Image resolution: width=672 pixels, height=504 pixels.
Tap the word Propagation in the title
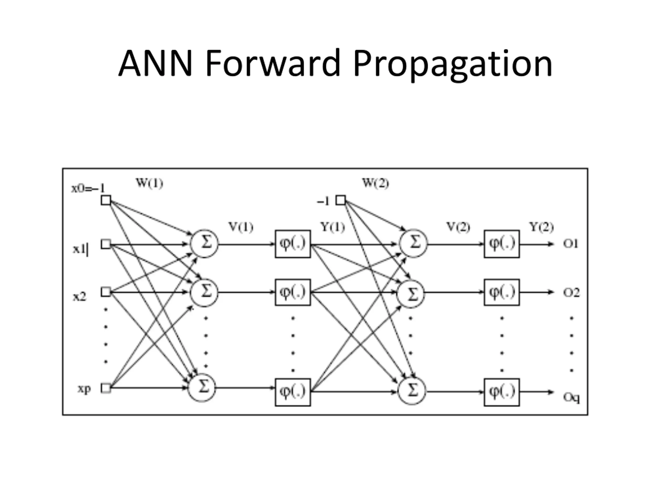tap(452, 65)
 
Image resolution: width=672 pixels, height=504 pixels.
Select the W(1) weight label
tap(149, 183)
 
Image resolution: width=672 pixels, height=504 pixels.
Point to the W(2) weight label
tap(375, 183)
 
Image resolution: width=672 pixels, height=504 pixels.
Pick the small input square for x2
tap(106, 292)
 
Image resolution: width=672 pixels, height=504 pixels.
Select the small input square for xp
tap(106, 388)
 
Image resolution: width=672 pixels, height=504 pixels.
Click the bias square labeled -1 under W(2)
tap(340, 201)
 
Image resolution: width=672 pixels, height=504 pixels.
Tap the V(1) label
tap(241, 227)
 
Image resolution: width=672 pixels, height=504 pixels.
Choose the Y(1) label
tap(333, 227)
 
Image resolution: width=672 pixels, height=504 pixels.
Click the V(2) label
tap(458, 227)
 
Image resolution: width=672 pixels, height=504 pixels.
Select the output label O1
tap(570, 244)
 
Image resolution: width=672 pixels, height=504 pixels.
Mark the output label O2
tap(571, 293)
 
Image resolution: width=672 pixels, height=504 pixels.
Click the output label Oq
tap(571, 397)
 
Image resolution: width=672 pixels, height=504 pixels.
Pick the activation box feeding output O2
tap(502, 292)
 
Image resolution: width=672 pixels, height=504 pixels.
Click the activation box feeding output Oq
tap(502, 392)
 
